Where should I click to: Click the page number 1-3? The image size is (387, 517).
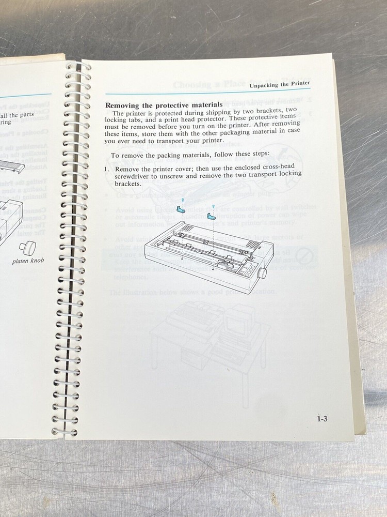[x=322, y=419]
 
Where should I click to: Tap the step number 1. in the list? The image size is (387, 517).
[x=108, y=170]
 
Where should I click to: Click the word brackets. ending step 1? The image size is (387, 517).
[x=128, y=184]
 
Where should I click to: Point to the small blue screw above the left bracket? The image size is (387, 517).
[x=183, y=199]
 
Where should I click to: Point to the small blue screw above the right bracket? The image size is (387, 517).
[x=213, y=206]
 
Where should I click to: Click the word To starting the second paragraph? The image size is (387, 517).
[x=115, y=155]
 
